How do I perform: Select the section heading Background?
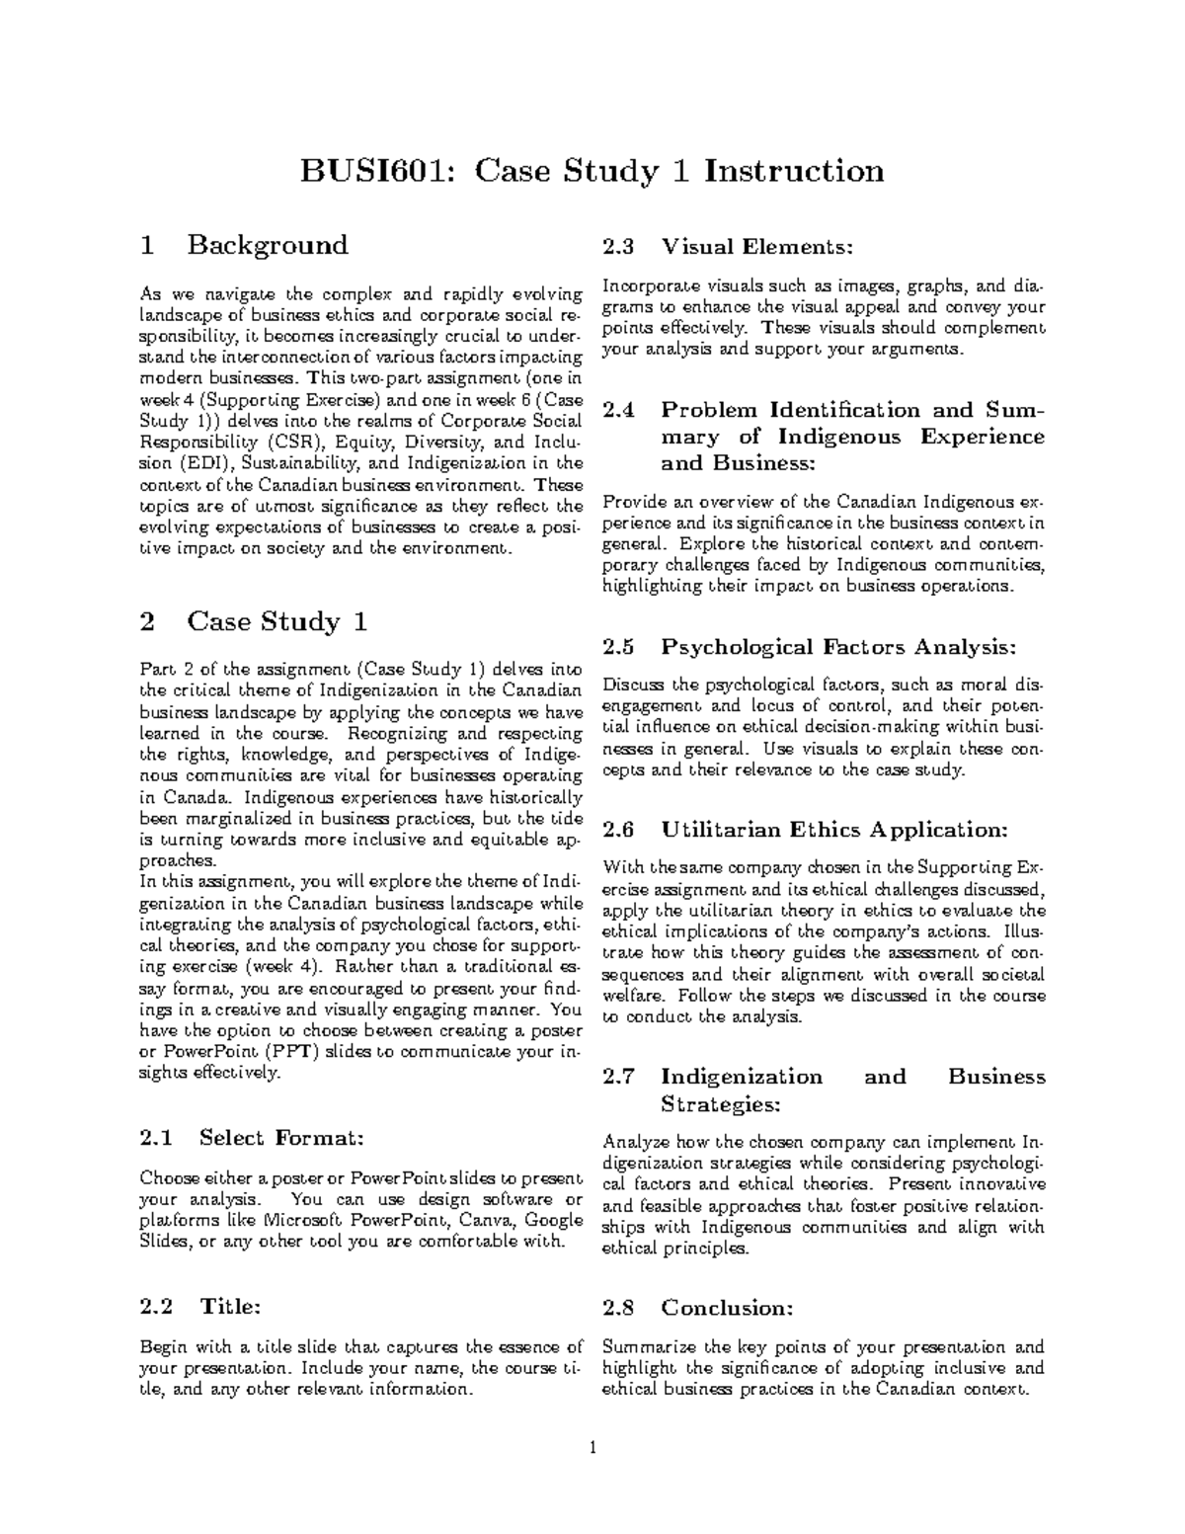click(x=268, y=245)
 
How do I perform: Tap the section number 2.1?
click(x=157, y=1138)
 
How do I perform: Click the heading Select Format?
click(x=282, y=1138)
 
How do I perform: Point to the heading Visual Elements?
click(x=756, y=247)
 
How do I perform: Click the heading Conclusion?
click(x=727, y=1308)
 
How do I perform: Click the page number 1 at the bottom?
click(x=592, y=1449)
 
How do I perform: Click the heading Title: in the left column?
click(x=230, y=1307)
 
